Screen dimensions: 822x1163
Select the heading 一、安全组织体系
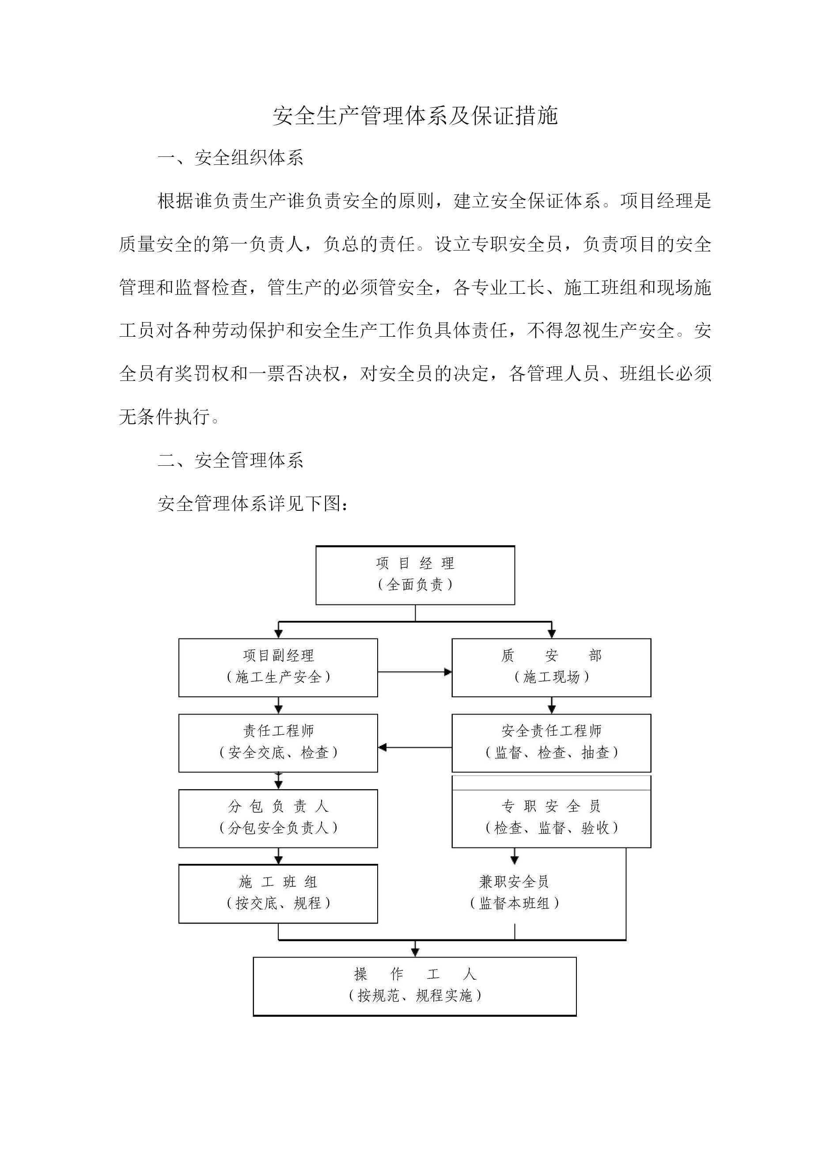coord(231,158)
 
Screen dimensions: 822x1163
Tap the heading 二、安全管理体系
coord(231,460)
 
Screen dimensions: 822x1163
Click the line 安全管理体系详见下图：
coord(253,503)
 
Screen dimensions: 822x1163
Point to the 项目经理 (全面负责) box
coord(415,575)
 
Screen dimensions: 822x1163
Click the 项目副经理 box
coord(278,668)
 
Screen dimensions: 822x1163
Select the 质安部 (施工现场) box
coord(551,668)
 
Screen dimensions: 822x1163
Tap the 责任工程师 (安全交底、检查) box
coord(278,743)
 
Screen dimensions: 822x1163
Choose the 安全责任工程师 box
coord(551,743)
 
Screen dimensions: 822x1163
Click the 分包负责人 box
coord(278,818)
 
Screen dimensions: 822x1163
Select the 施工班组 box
coord(278,894)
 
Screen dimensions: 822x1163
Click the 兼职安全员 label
coord(514,882)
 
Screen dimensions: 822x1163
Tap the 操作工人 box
coord(415,986)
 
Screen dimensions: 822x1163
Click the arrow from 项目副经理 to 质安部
coord(415,672)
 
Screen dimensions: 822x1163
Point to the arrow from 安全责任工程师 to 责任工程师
coord(415,747)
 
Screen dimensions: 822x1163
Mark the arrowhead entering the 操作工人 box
coord(415,953)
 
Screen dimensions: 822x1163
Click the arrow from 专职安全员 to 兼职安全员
coord(515,856)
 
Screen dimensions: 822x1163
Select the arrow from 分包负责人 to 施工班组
coord(278,856)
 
